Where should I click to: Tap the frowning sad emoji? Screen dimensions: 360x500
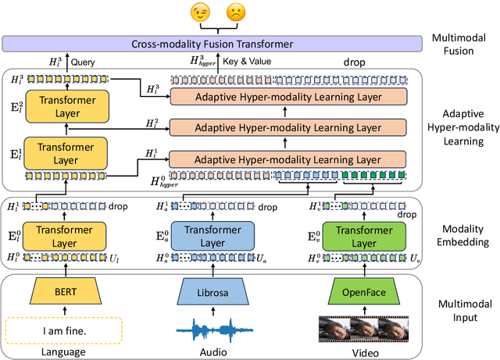coord(234,13)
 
